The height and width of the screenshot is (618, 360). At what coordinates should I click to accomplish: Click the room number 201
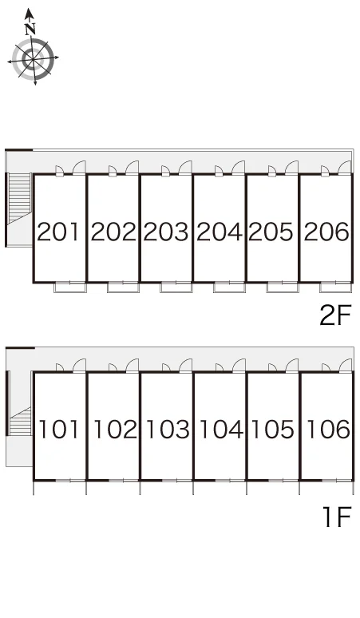[x=58, y=232]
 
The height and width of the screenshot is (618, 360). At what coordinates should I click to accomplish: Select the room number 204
[x=219, y=232]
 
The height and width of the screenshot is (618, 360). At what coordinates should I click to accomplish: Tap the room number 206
[x=326, y=232]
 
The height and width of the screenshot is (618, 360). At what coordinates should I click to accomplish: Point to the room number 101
[x=59, y=430]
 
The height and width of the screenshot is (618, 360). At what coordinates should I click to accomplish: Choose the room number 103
[x=167, y=430]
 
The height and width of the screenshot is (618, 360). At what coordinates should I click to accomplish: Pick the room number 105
[x=272, y=430]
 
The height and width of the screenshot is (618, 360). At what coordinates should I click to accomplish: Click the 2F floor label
[x=334, y=315]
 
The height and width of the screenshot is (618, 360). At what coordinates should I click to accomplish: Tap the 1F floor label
[x=337, y=517]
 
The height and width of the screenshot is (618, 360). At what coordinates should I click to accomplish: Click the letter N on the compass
[x=30, y=29]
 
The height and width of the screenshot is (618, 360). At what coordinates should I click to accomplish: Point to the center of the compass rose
[x=33, y=59]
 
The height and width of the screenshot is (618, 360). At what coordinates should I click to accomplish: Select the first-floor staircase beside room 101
[x=21, y=421]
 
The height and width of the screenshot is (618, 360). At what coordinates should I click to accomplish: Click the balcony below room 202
[x=123, y=287]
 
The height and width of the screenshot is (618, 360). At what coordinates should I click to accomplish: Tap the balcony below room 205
[x=283, y=287]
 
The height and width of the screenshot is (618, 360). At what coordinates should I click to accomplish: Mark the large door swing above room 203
[x=185, y=167]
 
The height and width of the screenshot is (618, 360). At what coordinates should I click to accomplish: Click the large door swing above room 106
[x=346, y=365]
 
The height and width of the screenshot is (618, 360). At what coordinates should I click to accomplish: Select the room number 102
[x=115, y=430]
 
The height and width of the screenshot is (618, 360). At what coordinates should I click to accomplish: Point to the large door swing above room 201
[x=79, y=167]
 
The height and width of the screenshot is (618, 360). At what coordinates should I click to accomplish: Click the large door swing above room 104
[x=239, y=365]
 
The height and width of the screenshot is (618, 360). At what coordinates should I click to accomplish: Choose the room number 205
[x=271, y=232]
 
